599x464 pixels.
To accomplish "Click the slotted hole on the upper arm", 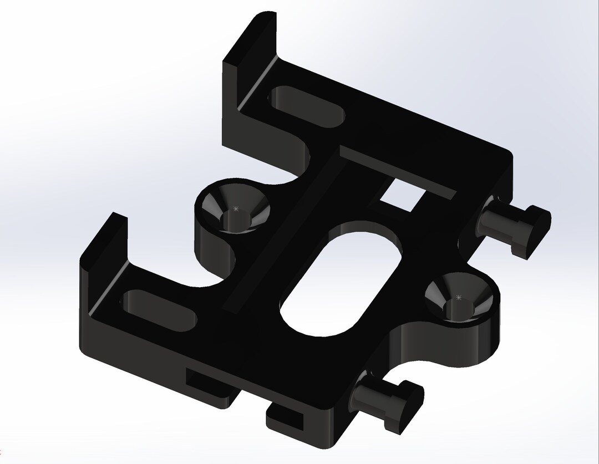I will [x=308, y=105].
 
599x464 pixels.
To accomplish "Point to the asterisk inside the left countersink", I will [x=236, y=209].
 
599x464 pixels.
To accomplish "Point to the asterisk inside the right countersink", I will [x=459, y=298].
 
